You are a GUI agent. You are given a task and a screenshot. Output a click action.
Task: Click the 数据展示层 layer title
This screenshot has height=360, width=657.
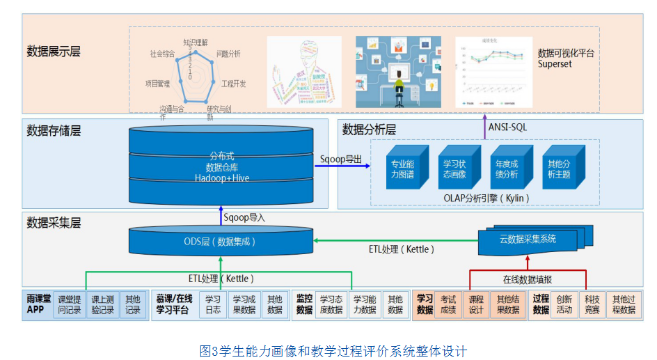pos(54,52)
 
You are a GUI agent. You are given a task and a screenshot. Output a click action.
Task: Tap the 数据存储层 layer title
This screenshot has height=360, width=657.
pos(54,130)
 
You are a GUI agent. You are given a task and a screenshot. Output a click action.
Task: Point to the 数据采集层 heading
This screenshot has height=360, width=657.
pos(54,223)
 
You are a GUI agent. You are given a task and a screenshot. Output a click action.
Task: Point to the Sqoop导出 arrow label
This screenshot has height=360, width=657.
pos(341,159)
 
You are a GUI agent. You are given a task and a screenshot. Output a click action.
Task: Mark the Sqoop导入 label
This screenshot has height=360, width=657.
pos(244,217)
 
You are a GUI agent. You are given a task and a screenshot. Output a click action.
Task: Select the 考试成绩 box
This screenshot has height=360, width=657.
pos(448,304)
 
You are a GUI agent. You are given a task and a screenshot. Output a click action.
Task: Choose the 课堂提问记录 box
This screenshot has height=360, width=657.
pos(70,305)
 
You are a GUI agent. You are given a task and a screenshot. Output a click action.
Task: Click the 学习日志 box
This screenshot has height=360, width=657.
pos(212,304)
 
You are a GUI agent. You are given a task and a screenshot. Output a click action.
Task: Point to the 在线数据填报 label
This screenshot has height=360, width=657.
pos(528,279)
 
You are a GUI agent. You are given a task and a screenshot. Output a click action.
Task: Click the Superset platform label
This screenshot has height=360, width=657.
pos(566,58)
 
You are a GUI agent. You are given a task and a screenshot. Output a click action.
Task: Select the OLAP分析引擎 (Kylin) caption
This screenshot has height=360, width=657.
pos(486,198)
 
